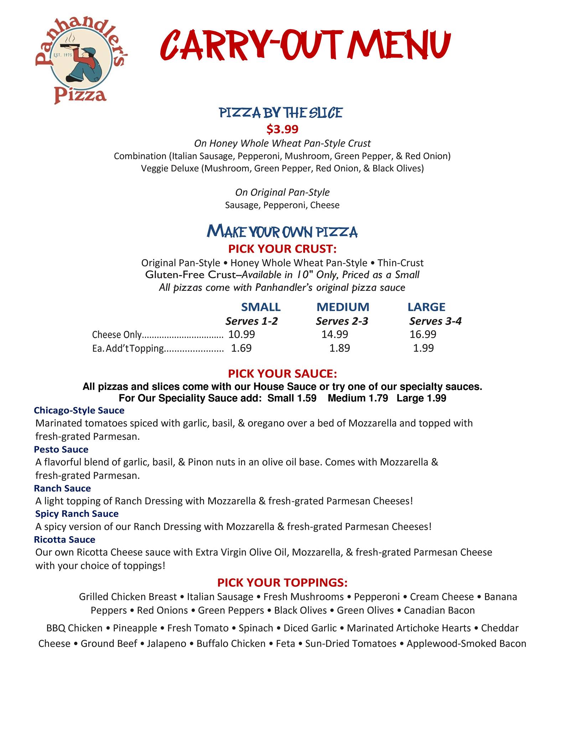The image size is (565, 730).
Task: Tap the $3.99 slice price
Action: [282, 129]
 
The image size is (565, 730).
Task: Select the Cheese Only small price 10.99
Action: [242, 334]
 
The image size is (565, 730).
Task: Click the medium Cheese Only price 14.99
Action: [335, 334]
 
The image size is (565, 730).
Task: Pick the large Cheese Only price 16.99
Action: [423, 334]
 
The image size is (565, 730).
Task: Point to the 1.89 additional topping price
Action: [339, 348]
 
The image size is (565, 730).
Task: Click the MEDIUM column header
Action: [343, 307]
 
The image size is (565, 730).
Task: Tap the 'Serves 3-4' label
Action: [435, 321]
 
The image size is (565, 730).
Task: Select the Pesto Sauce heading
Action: [61, 449]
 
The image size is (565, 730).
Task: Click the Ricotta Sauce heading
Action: [64, 539]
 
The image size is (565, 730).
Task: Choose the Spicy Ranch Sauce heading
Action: [77, 514]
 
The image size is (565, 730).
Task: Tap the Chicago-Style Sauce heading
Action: [79, 410]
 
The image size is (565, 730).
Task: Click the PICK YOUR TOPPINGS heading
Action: [282, 582]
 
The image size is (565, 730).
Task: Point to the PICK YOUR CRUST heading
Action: [282, 248]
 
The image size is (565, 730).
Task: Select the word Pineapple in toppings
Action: [135, 628]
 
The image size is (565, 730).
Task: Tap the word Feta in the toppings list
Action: [286, 644]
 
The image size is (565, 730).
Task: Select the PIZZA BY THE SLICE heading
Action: [281, 113]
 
